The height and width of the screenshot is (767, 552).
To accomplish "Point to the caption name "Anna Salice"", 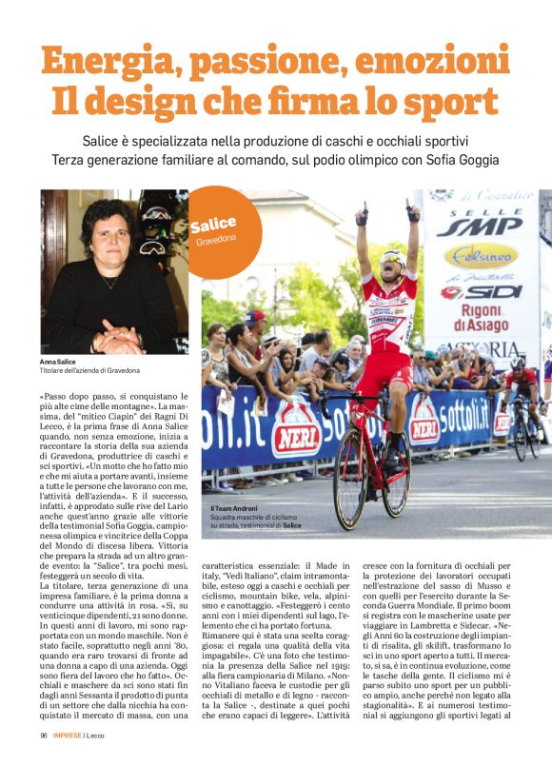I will (60, 363).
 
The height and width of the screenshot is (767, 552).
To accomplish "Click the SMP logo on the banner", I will (481, 226).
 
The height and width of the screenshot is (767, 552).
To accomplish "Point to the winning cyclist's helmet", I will (391, 257).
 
